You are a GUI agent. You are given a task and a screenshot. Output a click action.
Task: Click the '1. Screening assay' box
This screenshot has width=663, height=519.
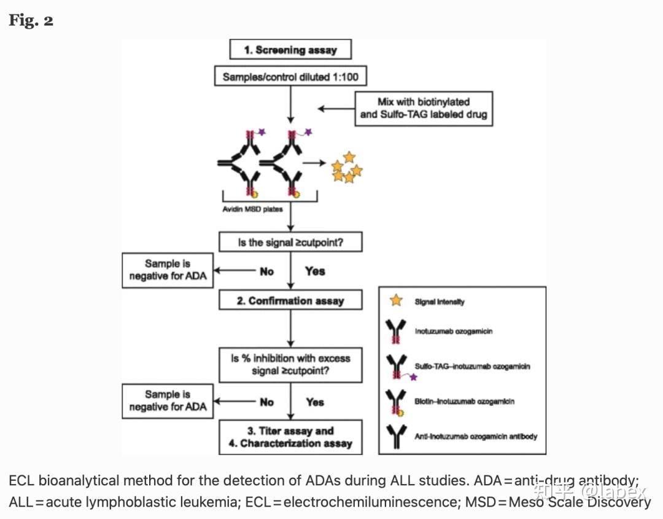coord(291,50)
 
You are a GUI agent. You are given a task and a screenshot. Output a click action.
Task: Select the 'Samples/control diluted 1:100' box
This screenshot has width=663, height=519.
coord(291,77)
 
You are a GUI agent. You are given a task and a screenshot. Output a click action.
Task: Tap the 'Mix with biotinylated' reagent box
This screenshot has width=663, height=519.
coord(424,108)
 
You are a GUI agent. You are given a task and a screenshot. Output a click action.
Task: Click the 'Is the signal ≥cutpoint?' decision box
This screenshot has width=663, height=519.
coord(290,242)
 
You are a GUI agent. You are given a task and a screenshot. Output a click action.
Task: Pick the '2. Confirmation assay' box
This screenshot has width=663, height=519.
coord(290,301)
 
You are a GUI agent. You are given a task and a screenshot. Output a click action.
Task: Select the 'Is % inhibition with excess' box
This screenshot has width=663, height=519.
coord(290,364)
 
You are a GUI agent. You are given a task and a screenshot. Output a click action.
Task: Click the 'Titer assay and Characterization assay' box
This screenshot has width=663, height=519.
coord(290,437)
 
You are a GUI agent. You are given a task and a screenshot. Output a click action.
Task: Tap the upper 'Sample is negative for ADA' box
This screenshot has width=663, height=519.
coord(168,270)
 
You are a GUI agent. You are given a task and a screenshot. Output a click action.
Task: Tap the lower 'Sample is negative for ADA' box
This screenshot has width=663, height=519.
coord(168,400)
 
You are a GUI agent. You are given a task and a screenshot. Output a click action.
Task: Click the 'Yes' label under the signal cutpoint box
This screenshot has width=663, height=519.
coord(315,271)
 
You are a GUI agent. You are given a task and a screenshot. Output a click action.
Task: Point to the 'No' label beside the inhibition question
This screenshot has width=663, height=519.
coord(266,402)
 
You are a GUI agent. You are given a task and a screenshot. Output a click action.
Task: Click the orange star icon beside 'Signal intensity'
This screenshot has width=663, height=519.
coord(397,301)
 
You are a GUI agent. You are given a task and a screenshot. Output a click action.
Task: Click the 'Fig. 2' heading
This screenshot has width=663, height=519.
coord(31,20)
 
